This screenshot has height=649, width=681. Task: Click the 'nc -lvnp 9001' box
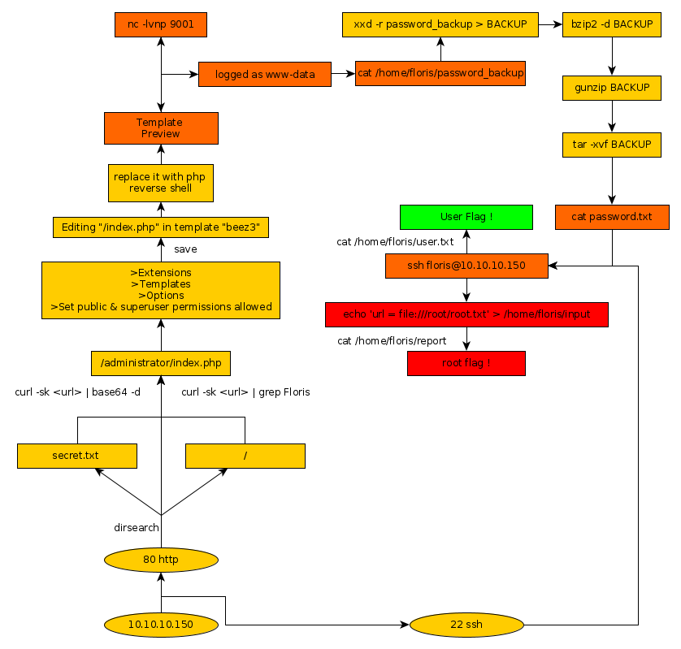tap(161, 25)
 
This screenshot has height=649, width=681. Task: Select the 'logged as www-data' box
tap(265, 74)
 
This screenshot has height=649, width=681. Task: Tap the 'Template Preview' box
tap(161, 128)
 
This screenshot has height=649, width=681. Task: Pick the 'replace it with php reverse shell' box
tap(161, 183)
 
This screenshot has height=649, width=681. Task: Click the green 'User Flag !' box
tap(466, 217)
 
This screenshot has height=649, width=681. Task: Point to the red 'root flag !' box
tap(466, 363)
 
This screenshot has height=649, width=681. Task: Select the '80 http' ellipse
tap(161, 560)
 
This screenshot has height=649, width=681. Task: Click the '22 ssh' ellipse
tap(466, 625)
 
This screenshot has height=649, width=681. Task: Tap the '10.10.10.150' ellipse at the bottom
tap(161, 625)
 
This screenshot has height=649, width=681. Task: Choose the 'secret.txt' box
tap(76, 456)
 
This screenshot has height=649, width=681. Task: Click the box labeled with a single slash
tap(245, 456)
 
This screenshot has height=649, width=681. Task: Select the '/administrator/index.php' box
tap(161, 363)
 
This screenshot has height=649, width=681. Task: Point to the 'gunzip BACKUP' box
tap(612, 88)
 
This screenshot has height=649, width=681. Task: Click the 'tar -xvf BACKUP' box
tap(612, 145)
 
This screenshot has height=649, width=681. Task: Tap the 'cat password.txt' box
tap(612, 217)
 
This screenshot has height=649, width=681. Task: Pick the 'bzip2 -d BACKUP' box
tap(612, 24)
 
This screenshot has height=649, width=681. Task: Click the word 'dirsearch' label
tap(137, 528)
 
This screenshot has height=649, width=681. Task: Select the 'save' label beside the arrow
tap(185, 249)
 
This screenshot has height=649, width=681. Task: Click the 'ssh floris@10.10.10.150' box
tap(466, 266)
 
